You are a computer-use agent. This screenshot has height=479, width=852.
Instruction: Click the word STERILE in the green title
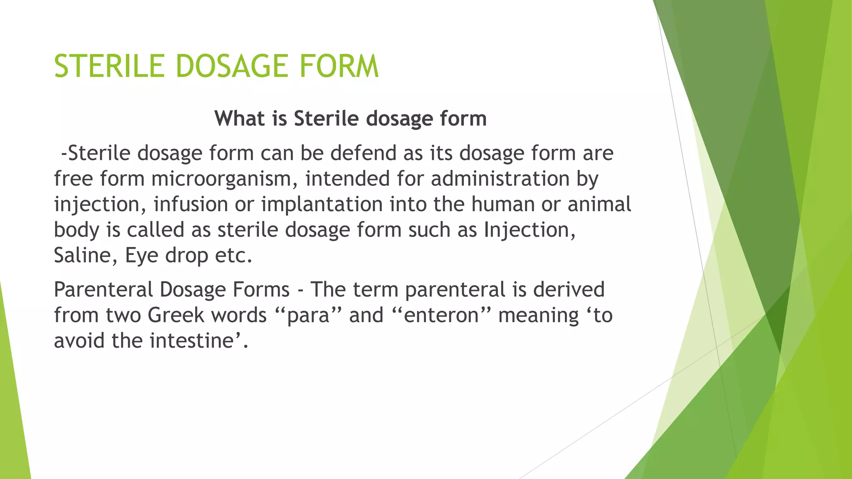pyautogui.click(x=109, y=67)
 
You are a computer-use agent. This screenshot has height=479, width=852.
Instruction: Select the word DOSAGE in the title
pyautogui.click(x=232, y=67)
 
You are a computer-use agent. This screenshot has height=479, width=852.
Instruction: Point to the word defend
pyautogui.click(x=363, y=153)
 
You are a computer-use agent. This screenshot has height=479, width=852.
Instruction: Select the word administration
pyautogui.click(x=500, y=179)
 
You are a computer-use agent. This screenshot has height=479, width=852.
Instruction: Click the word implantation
pyautogui.click(x=322, y=205)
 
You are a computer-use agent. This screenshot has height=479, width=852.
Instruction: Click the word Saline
pyautogui.click(x=86, y=255)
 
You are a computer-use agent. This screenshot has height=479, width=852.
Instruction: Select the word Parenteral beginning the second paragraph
pyautogui.click(x=103, y=289)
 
